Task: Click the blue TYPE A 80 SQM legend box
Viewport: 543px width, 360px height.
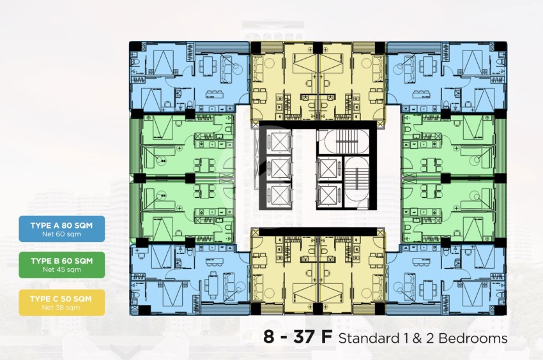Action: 61,229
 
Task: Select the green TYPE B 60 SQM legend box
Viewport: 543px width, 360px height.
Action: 61,265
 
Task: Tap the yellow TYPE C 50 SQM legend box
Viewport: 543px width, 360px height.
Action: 61,303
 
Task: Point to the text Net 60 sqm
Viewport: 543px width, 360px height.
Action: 61,234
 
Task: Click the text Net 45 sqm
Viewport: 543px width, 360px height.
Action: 61,269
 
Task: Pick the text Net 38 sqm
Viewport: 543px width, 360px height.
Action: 61,308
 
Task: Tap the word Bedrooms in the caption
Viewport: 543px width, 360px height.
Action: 473,338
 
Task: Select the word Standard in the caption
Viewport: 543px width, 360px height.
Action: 369,338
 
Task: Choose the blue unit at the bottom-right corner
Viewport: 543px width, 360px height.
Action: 447,280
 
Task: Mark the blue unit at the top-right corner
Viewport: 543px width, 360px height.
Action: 447,76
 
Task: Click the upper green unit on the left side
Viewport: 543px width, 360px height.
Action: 182,146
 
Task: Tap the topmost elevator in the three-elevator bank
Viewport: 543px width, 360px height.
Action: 279,141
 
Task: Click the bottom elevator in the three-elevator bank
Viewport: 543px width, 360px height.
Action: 279,195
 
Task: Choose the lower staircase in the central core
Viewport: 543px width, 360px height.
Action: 356,183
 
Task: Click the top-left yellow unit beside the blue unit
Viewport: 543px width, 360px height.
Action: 267,81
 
